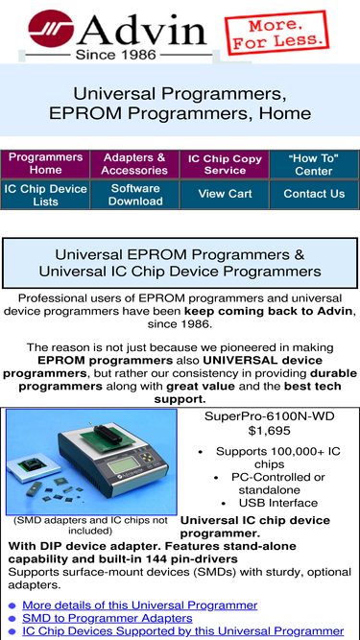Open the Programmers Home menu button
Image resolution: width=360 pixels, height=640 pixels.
[45, 163]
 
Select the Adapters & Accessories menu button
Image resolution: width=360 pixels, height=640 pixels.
[134, 163]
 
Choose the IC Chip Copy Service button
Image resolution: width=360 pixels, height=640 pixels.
[225, 163]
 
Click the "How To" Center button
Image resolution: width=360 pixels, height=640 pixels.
[314, 163]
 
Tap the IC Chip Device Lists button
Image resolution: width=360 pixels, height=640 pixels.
[45, 195]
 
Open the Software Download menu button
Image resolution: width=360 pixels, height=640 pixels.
[134, 195]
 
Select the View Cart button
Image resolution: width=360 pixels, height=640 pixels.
[225, 194]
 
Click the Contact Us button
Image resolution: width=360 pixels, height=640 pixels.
[314, 194]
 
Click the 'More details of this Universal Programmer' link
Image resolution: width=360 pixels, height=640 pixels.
[139, 605]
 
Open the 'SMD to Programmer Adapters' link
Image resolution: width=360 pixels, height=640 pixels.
[107, 619]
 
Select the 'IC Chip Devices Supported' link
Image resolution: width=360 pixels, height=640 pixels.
[182, 631]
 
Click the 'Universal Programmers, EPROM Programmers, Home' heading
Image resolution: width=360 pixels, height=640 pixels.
[180, 105]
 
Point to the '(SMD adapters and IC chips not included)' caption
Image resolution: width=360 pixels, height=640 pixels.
[91, 525]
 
